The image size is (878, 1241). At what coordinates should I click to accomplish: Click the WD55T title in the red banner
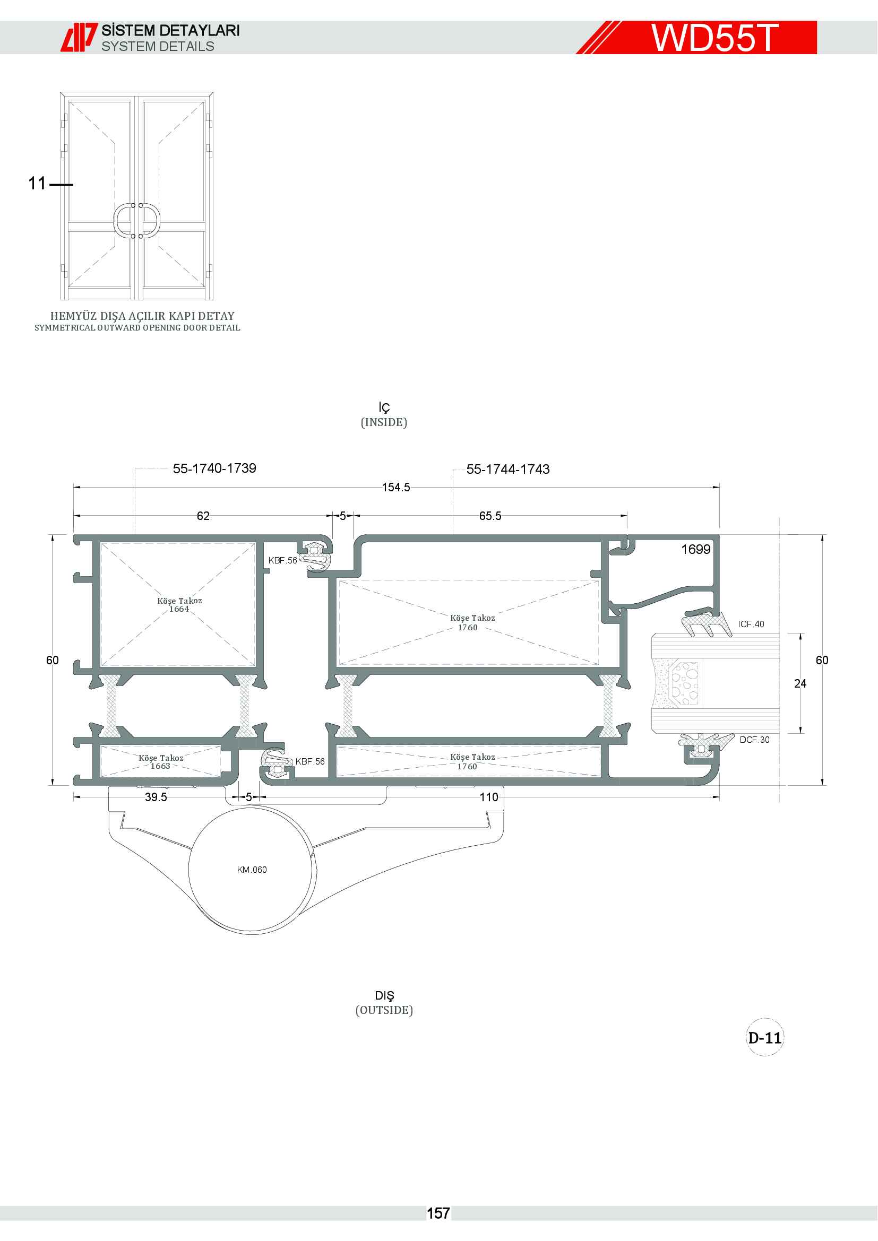714,38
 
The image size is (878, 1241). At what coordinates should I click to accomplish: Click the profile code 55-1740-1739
214,468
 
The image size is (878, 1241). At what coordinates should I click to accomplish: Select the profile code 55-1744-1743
508,469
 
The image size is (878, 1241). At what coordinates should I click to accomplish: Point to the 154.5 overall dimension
396,487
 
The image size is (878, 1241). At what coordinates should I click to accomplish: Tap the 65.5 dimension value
490,516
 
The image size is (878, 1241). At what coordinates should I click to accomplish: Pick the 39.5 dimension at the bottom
156,797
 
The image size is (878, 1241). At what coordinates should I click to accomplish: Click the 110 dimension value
489,797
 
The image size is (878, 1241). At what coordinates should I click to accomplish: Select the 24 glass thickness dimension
800,684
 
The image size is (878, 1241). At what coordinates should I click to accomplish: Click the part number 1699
696,549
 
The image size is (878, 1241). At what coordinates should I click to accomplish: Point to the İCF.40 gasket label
751,624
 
